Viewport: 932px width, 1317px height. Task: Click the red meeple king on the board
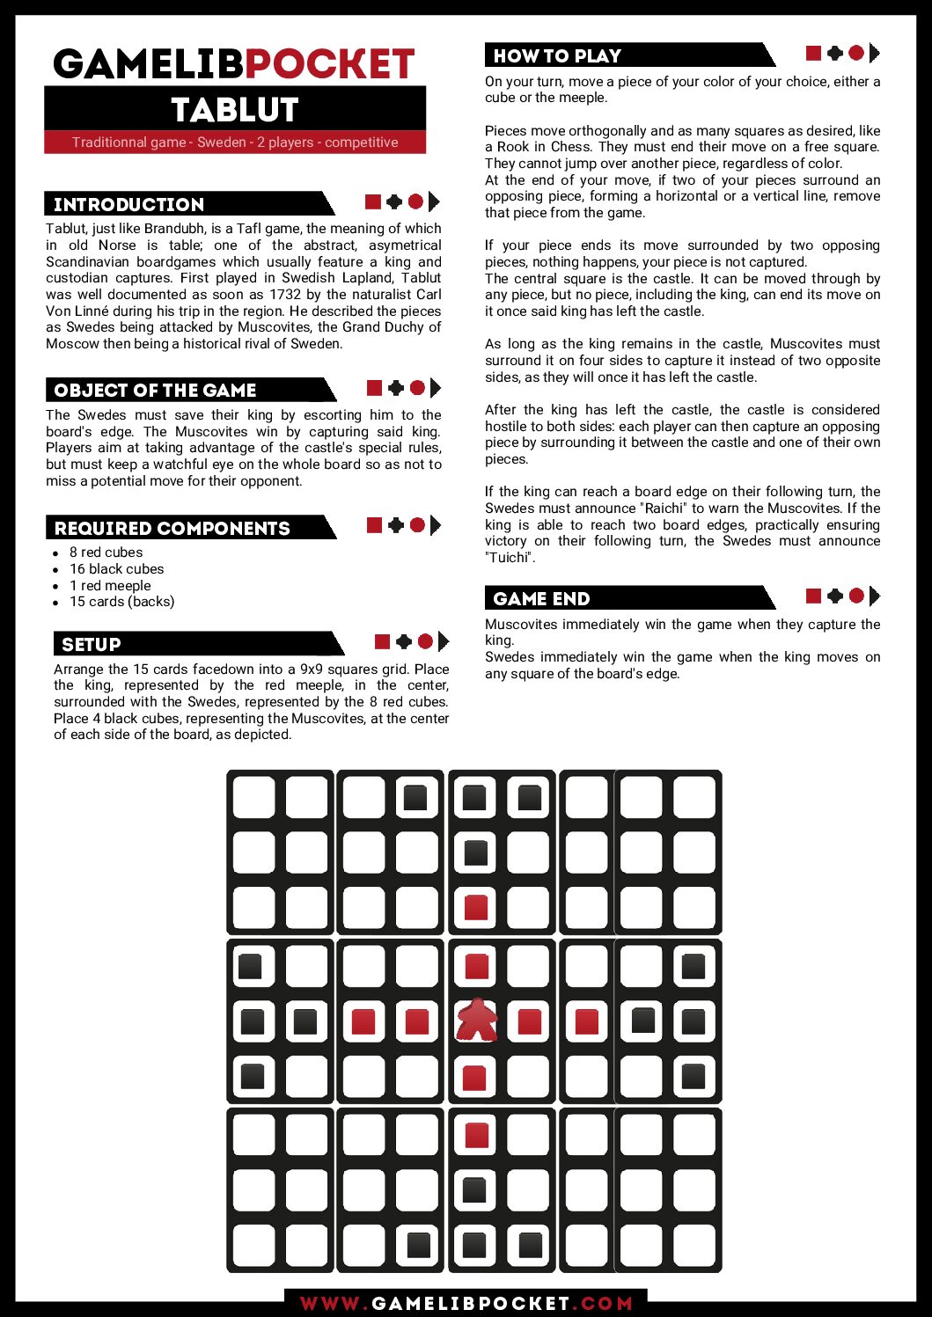(476, 1021)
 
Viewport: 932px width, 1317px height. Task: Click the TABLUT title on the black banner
(235, 110)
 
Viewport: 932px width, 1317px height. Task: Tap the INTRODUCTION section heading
(129, 205)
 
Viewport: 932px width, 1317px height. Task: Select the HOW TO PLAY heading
(557, 56)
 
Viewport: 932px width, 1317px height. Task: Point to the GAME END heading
(541, 599)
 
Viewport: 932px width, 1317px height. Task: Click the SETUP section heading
(92, 645)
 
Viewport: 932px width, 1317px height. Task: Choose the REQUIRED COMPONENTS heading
(172, 529)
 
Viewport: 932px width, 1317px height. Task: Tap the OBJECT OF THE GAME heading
(155, 391)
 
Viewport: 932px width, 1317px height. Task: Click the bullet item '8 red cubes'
(106, 552)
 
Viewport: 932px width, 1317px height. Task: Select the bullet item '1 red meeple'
(110, 586)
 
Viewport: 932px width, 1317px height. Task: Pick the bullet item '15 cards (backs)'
(121, 602)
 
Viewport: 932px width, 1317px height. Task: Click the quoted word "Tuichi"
(510, 558)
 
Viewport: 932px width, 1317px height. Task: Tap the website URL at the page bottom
(466, 1303)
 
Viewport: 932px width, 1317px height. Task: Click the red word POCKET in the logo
(329, 64)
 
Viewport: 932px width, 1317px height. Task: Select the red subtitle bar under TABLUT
(235, 143)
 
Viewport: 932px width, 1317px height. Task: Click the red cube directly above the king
(476, 966)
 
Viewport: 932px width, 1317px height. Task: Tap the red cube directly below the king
(474, 1077)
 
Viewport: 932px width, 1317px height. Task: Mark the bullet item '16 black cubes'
(116, 569)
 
